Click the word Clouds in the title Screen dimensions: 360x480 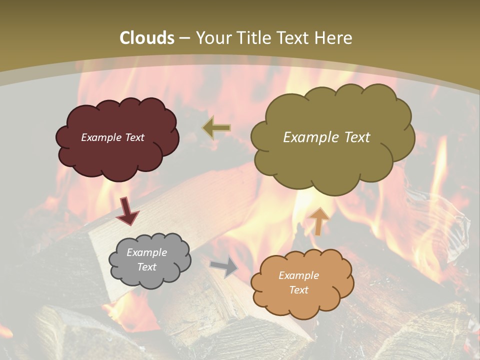(147, 38)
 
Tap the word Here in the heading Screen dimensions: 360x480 (333, 38)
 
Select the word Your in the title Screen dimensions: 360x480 (213, 38)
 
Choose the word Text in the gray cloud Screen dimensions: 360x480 (147, 267)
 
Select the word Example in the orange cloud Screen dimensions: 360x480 (298, 275)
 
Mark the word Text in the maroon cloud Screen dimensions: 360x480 (134, 137)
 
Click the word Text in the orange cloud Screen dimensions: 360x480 (298, 290)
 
